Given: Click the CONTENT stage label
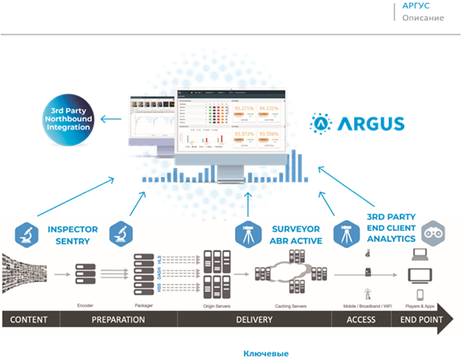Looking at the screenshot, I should click(29, 319).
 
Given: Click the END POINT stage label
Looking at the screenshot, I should click(418, 319).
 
